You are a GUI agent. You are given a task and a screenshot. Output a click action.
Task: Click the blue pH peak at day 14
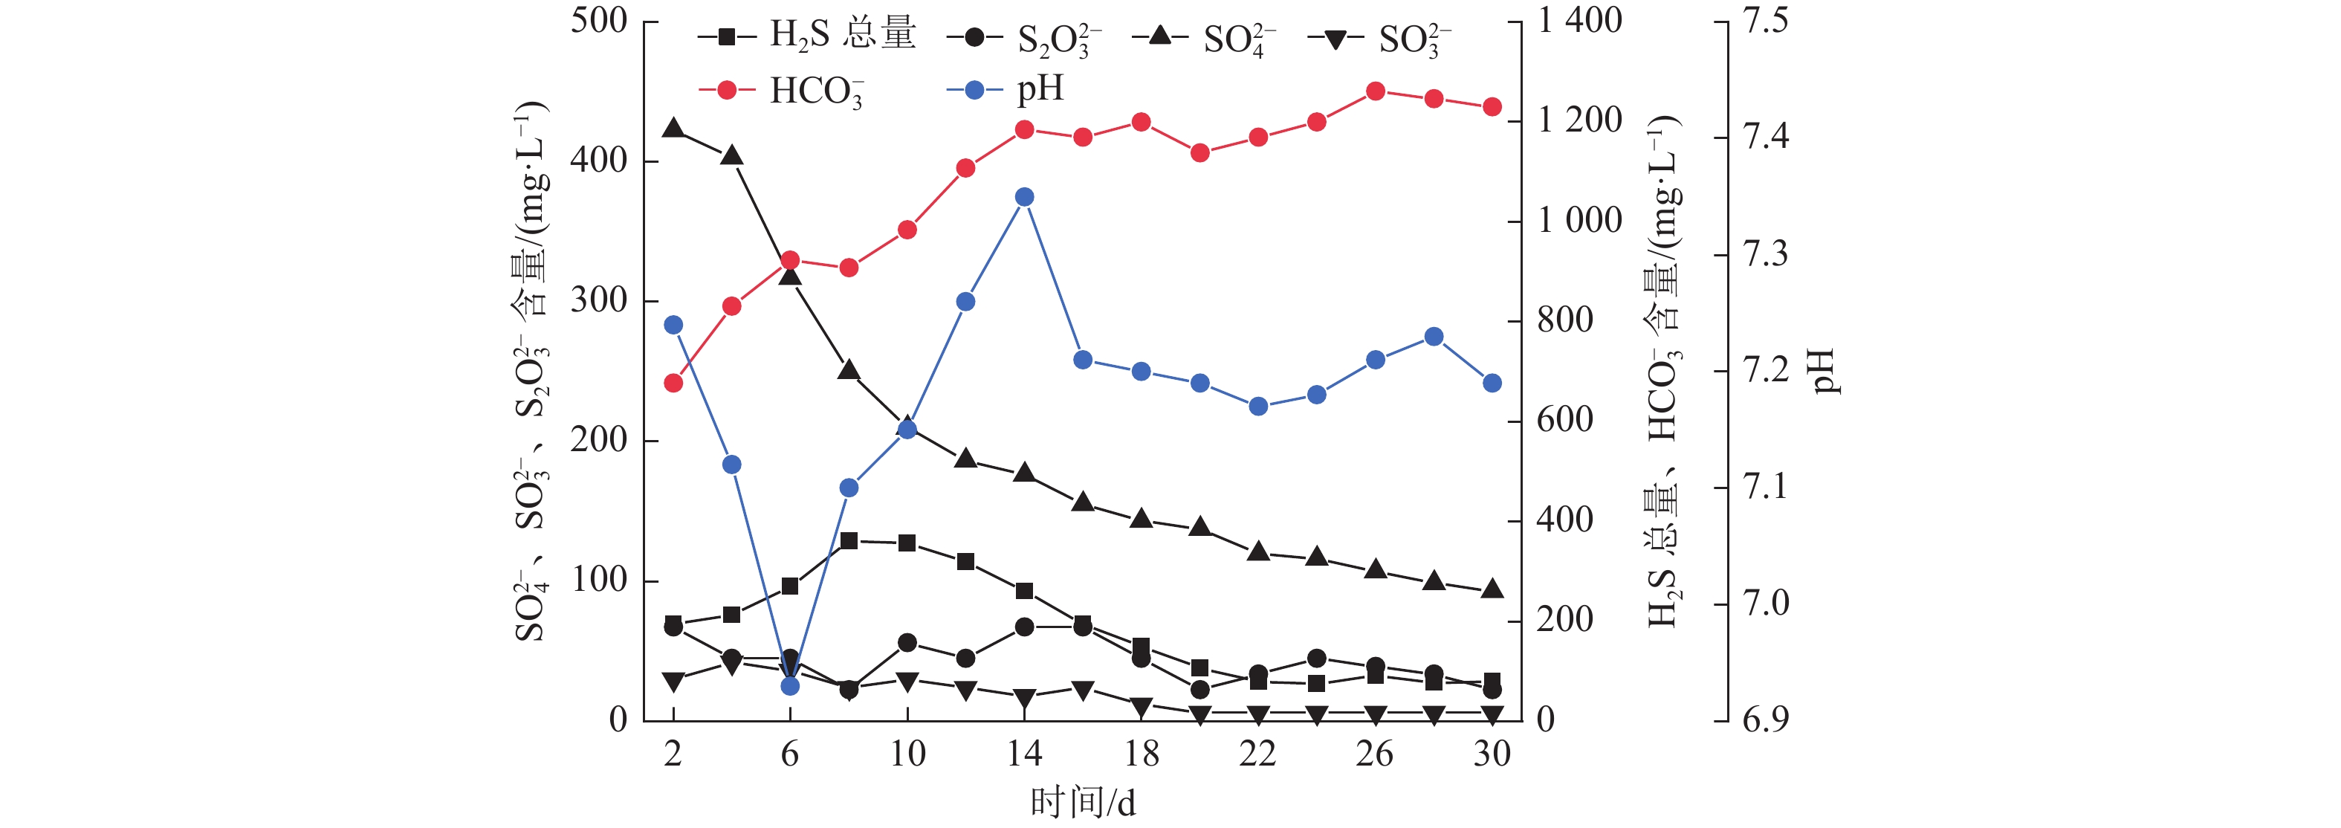coord(1024,197)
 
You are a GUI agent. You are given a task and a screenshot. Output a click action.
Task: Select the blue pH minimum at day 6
coord(790,686)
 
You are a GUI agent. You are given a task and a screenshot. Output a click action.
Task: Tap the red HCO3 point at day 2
coord(673,384)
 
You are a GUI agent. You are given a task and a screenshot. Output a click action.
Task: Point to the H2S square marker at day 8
coord(849,541)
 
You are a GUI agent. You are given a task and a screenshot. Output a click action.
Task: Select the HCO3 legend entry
coord(782,91)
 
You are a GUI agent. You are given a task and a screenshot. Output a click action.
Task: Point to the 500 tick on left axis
coord(599,21)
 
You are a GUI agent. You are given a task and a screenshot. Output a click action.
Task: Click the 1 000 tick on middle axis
coord(1579,221)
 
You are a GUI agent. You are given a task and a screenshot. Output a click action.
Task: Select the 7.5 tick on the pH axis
coord(1765,21)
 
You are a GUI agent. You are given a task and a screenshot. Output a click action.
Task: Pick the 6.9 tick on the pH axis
coord(1765,719)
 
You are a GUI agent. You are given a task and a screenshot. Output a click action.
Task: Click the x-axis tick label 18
coord(1142,754)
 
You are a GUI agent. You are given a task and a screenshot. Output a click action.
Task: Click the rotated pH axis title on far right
coord(1823,371)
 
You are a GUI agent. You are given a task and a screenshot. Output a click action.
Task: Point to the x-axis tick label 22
coord(1257,754)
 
